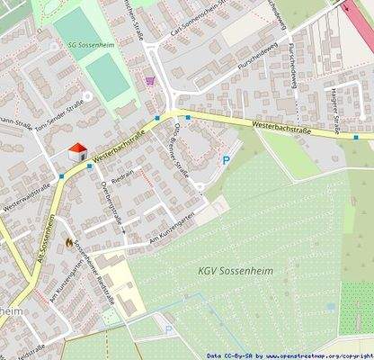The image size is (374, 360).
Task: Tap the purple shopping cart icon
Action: pyautogui.click(x=149, y=80)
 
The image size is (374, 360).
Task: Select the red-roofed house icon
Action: pyautogui.click(x=78, y=151)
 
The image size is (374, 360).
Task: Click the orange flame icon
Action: pyautogui.click(x=69, y=242)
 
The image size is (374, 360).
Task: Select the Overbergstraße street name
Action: pyautogui.click(x=111, y=200)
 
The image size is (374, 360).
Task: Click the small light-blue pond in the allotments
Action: pyautogui.click(x=332, y=305)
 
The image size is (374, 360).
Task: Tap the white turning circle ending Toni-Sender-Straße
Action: pyautogui.click(x=87, y=95)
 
